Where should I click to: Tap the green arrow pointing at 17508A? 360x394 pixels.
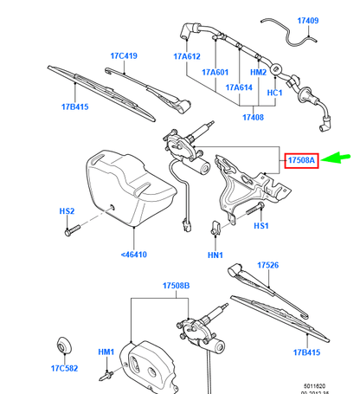coord(338,158)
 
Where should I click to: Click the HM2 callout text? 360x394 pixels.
coord(258,73)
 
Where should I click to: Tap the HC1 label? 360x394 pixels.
coord(275,91)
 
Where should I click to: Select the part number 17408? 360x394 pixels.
coord(252,116)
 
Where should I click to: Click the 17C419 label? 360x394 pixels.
coord(124,56)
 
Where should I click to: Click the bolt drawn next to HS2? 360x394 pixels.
coord(72,231)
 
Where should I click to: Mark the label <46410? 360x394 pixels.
coord(133,255)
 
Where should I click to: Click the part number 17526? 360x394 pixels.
coord(268,266)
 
